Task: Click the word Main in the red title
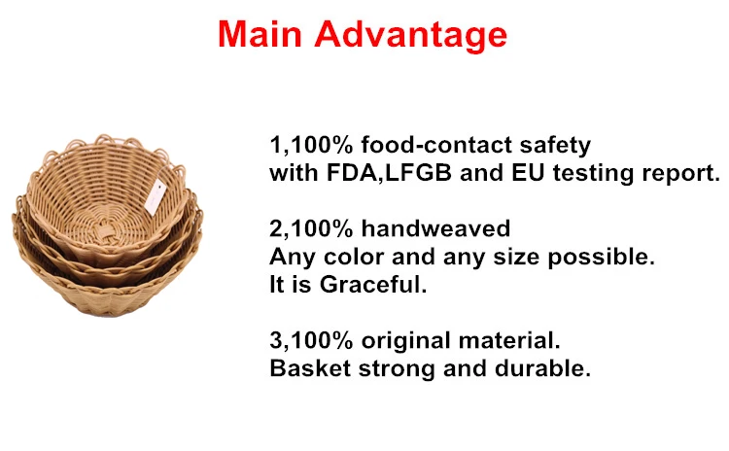coord(260,34)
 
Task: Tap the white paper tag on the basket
coord(155,197)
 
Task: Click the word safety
coord(555,147)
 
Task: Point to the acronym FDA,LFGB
coord(389,173)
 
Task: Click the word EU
coord(528,173)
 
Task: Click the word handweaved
coord(435,228)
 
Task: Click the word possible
coord(601,258)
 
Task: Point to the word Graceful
coord(373,284)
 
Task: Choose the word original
coord(405,341)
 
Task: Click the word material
coord(509,340)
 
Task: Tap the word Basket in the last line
coord(310,368)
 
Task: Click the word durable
coord(542,368)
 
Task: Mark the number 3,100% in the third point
coord(311,341)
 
